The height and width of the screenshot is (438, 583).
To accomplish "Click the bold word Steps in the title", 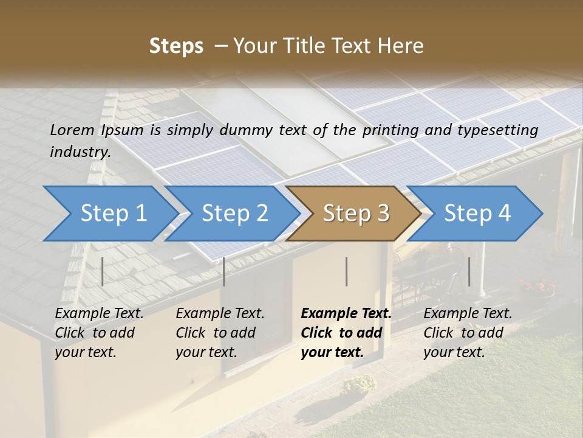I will coord(176,46).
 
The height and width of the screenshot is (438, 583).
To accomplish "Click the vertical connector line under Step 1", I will coord(103,271).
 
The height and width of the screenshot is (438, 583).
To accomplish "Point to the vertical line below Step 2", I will coord(224,271).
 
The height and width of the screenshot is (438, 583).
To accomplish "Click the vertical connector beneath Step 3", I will coord(347,271).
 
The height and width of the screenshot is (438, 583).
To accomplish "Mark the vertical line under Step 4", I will coord(469,271).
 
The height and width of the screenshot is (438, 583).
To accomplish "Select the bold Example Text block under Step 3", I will coord(346,333).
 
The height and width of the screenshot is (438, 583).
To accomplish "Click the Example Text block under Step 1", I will coord(99,333).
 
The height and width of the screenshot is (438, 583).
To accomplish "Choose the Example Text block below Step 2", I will coord(220,333).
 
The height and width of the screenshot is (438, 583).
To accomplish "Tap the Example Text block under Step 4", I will coord(468,333).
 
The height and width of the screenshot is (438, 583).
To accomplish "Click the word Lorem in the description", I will coord(72,130).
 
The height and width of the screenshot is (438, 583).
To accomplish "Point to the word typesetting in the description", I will coord(501,130).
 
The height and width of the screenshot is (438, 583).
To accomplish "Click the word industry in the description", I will coord(80,152).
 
